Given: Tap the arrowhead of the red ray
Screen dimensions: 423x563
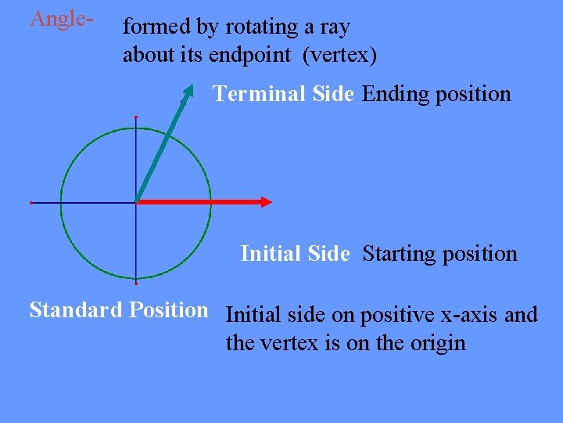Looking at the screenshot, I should pyautogui.click(x=266, y=201).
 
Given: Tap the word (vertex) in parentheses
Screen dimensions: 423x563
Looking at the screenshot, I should pyautogui.click(x=337, y=56).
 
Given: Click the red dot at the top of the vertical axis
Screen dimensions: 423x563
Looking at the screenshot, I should pyautogui.click(x=136, y=117).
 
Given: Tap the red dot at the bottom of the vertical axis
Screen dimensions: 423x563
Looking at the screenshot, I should pyautogui.click(x=136, y=282).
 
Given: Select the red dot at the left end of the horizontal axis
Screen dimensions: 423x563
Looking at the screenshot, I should pyautogui.click(x=30, y=203).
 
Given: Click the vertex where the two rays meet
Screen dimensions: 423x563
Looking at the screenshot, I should pyautogui.click(x=137, y=202).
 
